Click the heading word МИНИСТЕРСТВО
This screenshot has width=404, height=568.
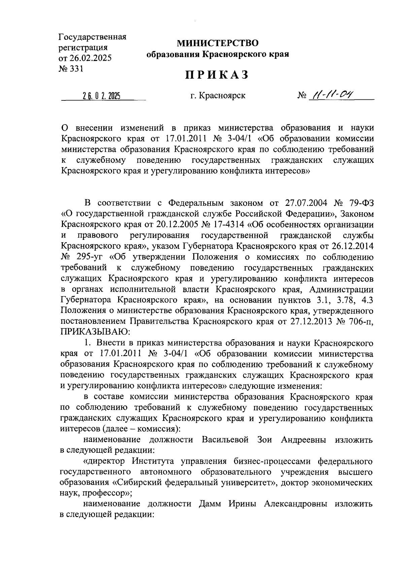point(217,43)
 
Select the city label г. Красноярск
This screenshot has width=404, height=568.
point(217,96)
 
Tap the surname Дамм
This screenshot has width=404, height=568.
point(211,504)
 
